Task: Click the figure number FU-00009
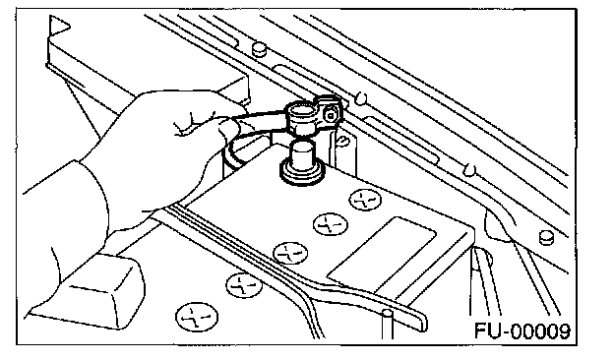pos(522,331)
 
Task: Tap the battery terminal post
pos(302,155)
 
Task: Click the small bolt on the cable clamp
pos(331,115)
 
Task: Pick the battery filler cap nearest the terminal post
pos(365,200)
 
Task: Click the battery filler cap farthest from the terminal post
pos(197,317)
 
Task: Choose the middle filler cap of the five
pos(290,253)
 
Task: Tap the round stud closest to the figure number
pos(546,237)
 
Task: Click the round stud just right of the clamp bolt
pos(361,98)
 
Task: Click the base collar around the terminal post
pos(302,174)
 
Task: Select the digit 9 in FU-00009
pos(563,331)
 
